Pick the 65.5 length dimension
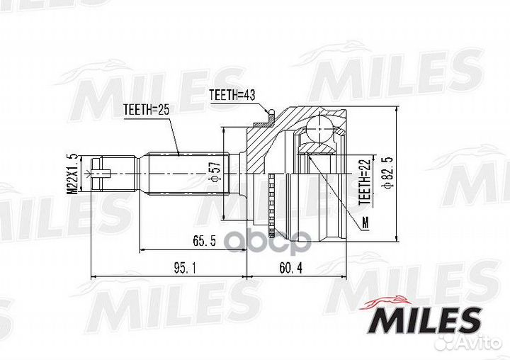pos(203,242)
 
